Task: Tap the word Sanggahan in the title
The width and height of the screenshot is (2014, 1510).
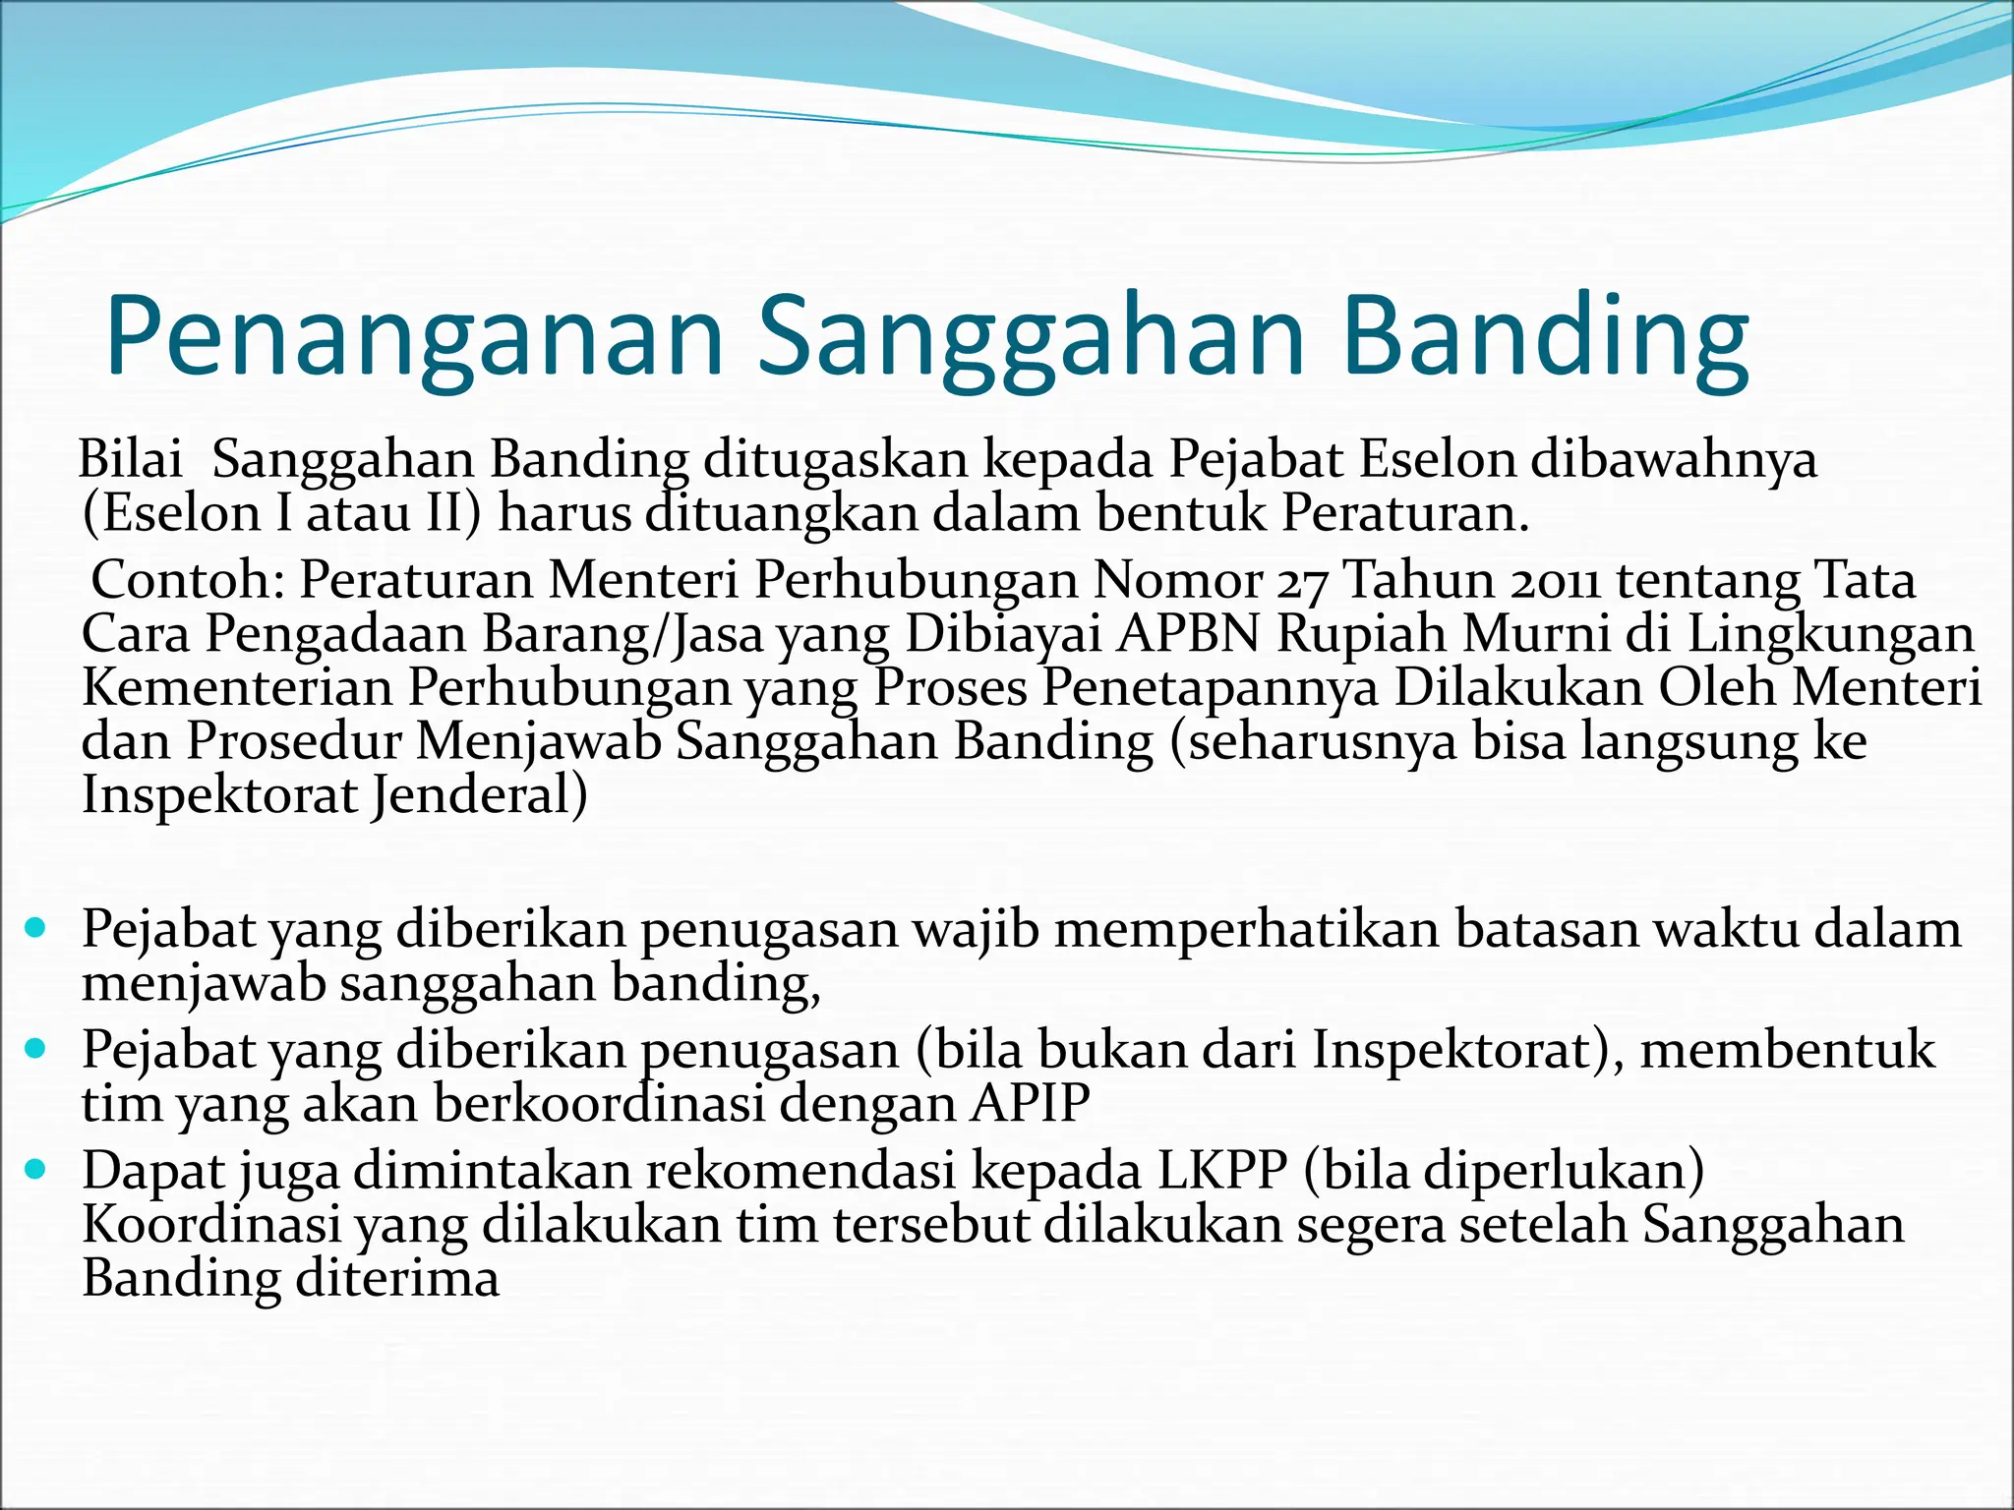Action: click(x=1032, y=336)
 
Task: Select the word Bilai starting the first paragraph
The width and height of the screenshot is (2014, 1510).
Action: click(x=130, y=459)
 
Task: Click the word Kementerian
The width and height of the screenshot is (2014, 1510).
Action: click(x=237, y=687)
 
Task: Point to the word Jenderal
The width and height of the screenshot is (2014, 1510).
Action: click(x=479, y=795)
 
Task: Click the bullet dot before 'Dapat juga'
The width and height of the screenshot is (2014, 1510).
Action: click(x=36, y=1169)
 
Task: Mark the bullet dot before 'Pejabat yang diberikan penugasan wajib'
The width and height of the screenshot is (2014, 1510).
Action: click(x=36, y=927)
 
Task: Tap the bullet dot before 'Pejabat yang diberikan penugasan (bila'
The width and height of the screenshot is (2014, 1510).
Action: click(x=36, y=1048)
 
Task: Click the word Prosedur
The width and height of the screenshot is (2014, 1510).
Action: click(x=294, y=741)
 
